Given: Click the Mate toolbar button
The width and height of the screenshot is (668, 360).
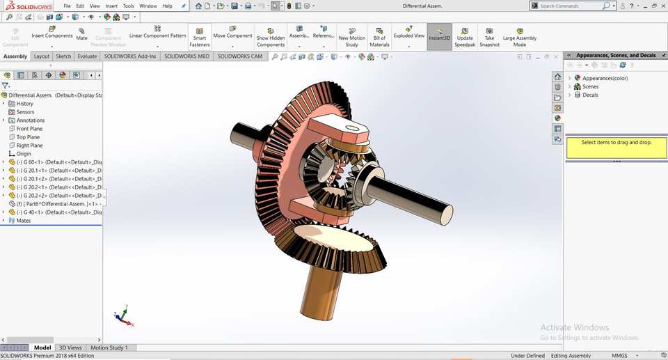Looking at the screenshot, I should coord(82,34).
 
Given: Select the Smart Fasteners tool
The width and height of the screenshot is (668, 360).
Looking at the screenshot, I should coord(199,37).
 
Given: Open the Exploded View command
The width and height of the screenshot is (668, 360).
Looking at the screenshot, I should coord(408,35).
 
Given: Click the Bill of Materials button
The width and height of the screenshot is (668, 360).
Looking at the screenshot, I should coord(379,37).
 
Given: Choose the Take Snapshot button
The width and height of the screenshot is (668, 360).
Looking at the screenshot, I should coord(489,37).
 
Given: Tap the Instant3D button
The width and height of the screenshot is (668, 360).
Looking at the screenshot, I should coord(439,37).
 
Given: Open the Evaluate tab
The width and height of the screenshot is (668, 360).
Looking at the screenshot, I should coord(87,56).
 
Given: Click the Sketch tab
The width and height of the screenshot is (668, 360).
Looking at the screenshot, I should coord(63,56).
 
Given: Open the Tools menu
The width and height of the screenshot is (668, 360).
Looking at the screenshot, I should coord(128,6).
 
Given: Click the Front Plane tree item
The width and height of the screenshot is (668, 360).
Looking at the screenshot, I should coord(29,129).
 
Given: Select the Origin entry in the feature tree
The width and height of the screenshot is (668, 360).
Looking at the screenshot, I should coord(24,154).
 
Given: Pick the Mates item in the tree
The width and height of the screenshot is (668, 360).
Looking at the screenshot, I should coord(23,221).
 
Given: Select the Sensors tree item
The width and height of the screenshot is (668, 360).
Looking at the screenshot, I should coord(25,112).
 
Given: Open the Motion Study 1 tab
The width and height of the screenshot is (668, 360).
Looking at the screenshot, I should coord(109,347).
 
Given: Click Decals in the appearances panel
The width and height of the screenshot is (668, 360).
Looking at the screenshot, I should coord(590,95).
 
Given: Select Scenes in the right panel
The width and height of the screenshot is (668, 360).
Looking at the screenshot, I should coord(590,86).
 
